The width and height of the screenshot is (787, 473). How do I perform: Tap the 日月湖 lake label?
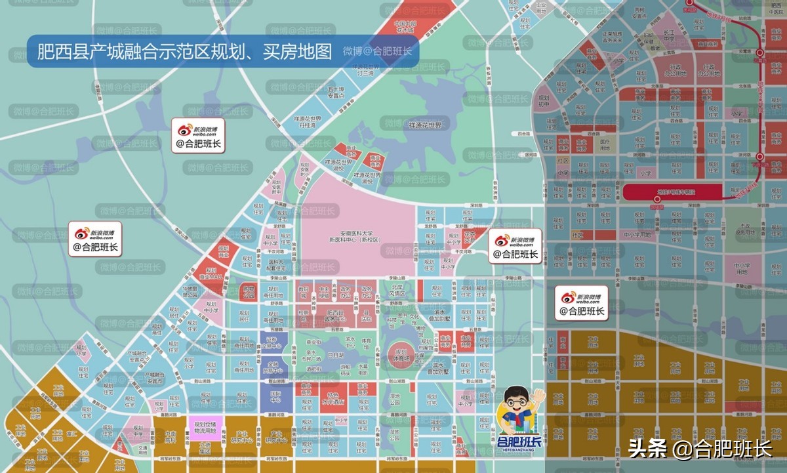[335, 355]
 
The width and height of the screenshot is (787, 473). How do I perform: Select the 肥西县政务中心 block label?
[335, 316]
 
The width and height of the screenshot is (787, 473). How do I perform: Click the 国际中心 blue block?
[275, 397]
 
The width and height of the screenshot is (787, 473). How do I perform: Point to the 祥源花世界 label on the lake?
[425, 125]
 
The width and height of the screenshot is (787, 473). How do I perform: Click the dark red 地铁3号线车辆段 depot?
[672, 192]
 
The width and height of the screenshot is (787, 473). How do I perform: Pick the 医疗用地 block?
[605, 144]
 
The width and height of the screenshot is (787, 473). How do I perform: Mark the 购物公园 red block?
[248, 291]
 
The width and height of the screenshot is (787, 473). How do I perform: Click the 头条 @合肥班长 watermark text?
[700, 449]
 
